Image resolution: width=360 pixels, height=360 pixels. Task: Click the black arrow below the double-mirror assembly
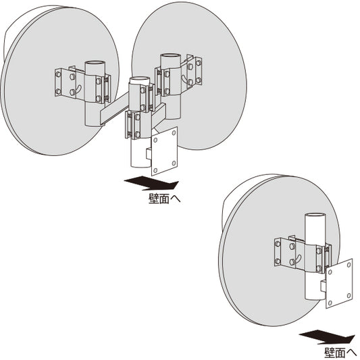point(151,183)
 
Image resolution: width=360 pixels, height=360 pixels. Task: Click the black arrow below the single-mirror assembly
point(328,337)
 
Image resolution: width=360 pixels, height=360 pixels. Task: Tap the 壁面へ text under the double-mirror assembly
point(165,199)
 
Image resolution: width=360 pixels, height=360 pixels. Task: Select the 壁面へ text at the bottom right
point(340,353)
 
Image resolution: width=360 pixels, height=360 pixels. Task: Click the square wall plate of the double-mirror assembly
point(165,151)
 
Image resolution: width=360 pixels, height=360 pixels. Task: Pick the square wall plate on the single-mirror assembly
point(339,283)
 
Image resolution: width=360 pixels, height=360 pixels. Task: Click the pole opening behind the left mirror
point(95,64)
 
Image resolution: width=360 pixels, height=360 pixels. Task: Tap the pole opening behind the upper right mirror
point(171,57)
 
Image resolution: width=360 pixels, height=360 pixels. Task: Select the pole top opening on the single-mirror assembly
point(315,216)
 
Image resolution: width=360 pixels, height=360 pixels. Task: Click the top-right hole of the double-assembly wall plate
point(174,133)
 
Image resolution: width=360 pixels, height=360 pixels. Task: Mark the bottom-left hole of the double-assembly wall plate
point(155,170)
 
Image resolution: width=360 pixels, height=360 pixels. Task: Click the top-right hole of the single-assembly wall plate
point(349,265)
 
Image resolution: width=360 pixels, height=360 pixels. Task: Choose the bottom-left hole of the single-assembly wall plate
point(330,303)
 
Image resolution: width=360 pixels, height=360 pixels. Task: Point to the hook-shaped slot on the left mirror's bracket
point(79,88)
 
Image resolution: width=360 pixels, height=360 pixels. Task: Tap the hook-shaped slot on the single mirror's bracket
point(299,258)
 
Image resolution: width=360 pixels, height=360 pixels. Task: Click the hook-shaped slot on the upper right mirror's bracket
point(184,79)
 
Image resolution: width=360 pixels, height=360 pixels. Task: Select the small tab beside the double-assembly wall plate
point(149,154)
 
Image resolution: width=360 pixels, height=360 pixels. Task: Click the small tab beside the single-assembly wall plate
point(324,286)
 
